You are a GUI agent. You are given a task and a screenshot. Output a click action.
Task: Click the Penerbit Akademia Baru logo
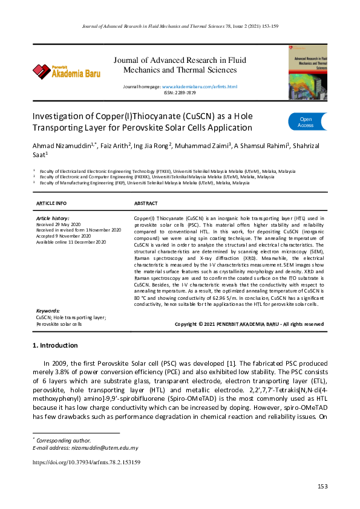[67, 72]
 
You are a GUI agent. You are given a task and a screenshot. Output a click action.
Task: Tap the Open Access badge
[306, 122]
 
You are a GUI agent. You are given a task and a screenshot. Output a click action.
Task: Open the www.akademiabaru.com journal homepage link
[199, 87]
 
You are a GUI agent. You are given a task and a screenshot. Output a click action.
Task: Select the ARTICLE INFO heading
[52, 203]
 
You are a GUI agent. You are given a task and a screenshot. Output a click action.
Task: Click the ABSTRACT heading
[146, 203]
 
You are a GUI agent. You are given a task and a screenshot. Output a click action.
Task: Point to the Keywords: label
[48, 310]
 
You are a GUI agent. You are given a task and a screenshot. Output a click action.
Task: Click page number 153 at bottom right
[322, 487]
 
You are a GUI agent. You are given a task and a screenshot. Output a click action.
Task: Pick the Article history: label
[53, 218]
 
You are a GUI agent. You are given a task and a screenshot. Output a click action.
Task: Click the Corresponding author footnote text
[64, 441]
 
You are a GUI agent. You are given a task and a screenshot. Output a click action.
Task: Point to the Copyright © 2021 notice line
[249, 324]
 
